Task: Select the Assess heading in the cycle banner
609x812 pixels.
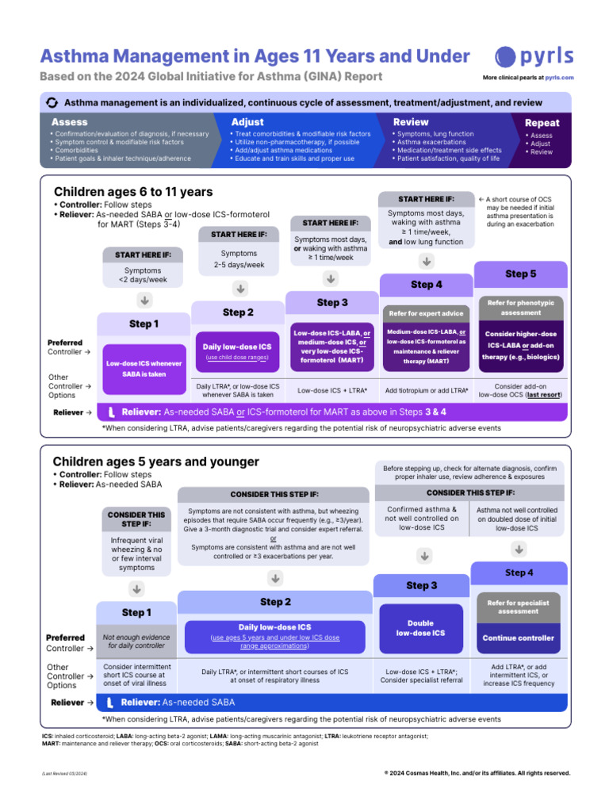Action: (x=70, y=122)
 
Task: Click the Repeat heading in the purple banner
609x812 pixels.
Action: (x=542, y=123)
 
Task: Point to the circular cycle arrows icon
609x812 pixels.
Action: (x=52, y=102)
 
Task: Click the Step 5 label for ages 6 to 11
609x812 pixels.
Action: (x=520, y=274)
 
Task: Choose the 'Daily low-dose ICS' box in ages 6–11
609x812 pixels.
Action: (x=238, y=351)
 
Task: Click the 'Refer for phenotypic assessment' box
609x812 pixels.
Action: (x=521, y=307)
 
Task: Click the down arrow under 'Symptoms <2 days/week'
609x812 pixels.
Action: (x=144, y=300)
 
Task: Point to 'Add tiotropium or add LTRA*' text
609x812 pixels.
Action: (x=427, y=390)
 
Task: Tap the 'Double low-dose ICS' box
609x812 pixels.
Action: (x=421, y=628)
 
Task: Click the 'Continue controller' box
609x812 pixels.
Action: (x=519, y=638)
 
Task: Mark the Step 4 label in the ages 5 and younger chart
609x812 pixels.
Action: (x=519, y=572)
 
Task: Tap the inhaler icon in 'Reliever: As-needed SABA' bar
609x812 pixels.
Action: (x=112, y=702)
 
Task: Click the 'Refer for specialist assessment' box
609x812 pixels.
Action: (x=519, y=607)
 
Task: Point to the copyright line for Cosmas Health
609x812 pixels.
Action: (x=476, y=773)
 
